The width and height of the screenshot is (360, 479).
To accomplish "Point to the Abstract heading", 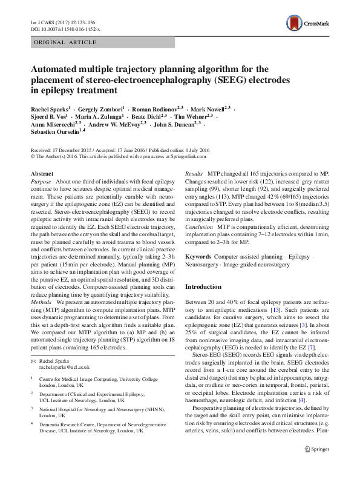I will click(42, 174).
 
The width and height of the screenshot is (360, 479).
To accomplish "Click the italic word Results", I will click(194, 174).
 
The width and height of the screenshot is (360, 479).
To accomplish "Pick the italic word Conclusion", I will click(198, 227).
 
